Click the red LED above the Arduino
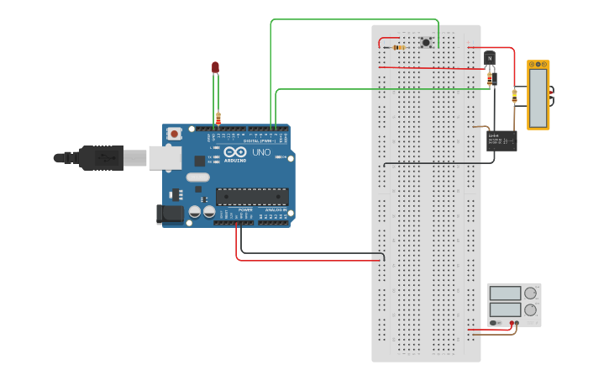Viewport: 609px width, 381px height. [x=215, y=66]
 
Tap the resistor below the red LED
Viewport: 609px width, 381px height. [x=218, y=118]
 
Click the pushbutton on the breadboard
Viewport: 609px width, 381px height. [x=426, y=42]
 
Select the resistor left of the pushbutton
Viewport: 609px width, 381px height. [x=397, y=48]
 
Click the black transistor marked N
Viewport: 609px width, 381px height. [x=489, y=58]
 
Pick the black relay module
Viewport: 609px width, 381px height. [x=503, y=140]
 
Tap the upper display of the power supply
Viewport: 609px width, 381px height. [x=505, y=294]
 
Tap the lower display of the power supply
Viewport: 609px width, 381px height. [x=505, y=310]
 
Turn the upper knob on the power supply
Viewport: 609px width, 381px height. [x=530, y=294]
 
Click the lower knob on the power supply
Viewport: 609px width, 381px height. [x=530, y=310]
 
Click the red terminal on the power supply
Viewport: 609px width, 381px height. [x=516, y=322]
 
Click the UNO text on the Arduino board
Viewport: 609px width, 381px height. [x=261, y=152]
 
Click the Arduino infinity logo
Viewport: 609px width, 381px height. [x=235, y=151]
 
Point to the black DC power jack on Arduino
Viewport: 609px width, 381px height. [x=171, y=214]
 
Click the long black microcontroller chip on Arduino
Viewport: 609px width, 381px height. [x=252, y=196]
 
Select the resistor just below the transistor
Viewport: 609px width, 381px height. [x=491, y=78]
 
